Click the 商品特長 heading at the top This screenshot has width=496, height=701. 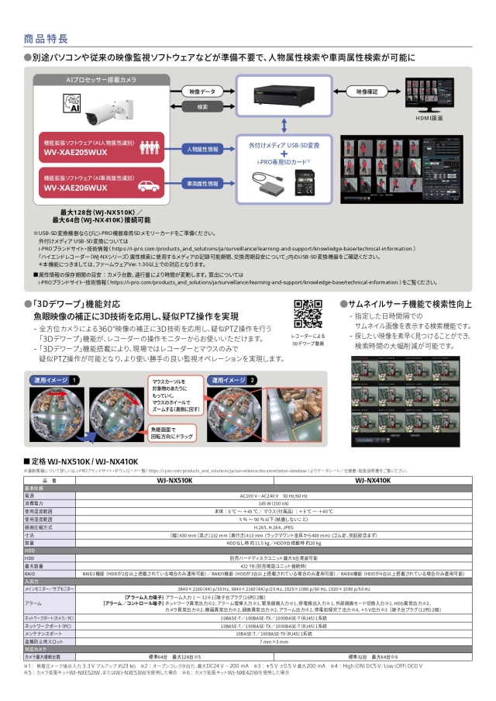pyautogui.click(x=46, y=38)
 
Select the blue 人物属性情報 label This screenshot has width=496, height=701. pyautogui.click(x=201, y=147)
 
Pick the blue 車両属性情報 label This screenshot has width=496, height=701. pyautogui.click(x=201, y=184)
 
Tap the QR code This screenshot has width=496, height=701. pyautogui.click(x=308, y=313)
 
